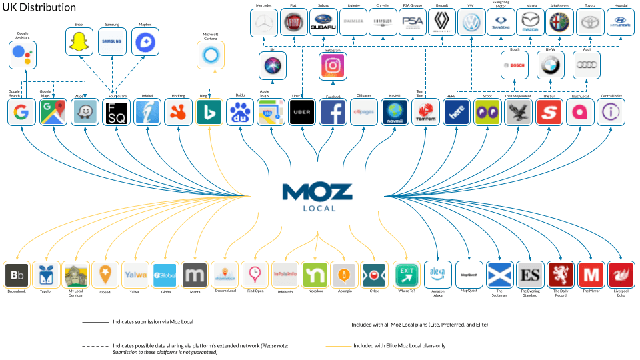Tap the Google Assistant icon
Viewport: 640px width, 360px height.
(x=22, y=55)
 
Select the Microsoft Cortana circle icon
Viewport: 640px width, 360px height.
(x=211, y=55)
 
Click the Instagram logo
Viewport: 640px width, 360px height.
(x=333, y=65)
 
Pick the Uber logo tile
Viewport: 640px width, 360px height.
(x=302, y=112)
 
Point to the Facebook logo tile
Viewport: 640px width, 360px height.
(x=333, y=112)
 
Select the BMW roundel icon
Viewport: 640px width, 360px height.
(x=550, y=65)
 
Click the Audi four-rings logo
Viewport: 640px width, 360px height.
(x=586, y=65)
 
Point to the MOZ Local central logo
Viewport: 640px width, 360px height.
(x=317, y=197)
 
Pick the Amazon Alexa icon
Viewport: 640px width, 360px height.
(x=437, y=274)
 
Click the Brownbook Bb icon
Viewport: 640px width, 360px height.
(x=17, y=275)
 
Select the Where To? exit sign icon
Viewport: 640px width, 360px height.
(x=407, y=274)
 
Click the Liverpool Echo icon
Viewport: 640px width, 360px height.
(x=621, y=274)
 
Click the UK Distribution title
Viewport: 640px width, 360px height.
(x=38, y=7)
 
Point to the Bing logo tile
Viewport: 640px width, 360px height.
(x=209, y=112)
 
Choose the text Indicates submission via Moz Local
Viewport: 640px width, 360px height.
(x=153, y=321)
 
